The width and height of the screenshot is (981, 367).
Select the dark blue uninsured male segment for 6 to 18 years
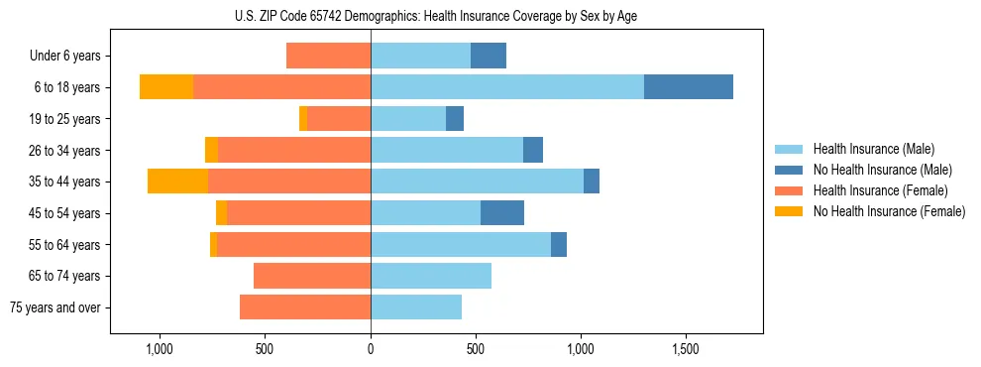(688, 87)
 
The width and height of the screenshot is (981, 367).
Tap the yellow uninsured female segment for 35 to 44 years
(177, 182)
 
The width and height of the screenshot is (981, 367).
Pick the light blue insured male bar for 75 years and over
(416, 307)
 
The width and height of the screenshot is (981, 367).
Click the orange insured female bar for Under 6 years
(328, 56)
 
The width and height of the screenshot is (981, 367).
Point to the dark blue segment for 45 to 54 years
(502, 213)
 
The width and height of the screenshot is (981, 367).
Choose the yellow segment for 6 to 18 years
(166, 87)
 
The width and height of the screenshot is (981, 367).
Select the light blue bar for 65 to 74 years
(431, 276)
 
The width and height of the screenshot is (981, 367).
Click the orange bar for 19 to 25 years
(339, 119)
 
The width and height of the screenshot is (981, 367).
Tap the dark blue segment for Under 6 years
(489, 56)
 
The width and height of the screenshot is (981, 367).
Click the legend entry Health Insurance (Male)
(873, 149)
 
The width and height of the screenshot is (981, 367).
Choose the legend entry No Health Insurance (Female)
(889, 211)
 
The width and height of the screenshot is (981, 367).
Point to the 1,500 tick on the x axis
(686, 349)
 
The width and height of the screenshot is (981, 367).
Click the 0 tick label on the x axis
(371, 349)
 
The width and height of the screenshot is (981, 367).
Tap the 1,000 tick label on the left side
(160, 349)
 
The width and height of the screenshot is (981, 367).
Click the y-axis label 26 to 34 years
(64, 151)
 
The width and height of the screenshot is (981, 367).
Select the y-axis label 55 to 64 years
(64, 245)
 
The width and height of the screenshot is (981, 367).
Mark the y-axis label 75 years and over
(54, 307)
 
